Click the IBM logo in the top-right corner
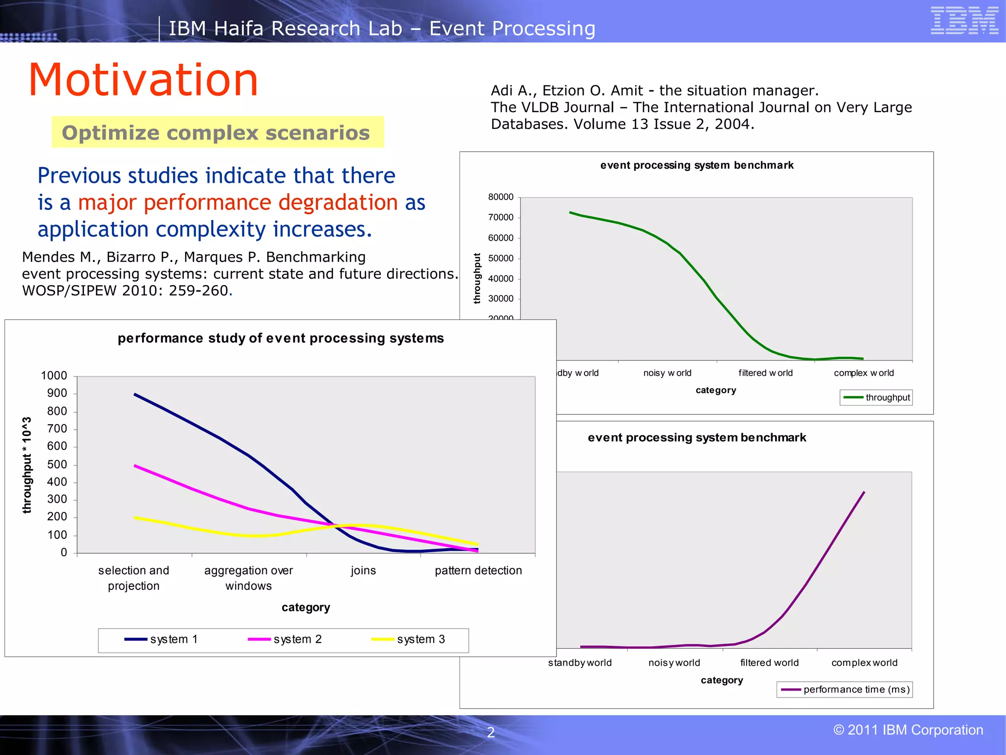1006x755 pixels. pyautogui.click(x=964, y=21)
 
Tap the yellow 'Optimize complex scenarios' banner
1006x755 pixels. pyautogui.click(x=217, y=132)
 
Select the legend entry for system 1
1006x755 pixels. pyautogui.click(x=162, y=639)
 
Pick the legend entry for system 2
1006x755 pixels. pyautogui.click(x=285, y=639)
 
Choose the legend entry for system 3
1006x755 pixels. pyautogui.click(x=409, y=639)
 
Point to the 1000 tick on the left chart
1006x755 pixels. pyautogui.click(x=54, y=376)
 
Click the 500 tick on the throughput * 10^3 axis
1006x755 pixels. pyautogui.click(x=57, y=465)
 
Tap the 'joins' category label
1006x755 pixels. pyautogui.click(x=363, y=570)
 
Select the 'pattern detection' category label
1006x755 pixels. pyautogui.click(x=478, y=570)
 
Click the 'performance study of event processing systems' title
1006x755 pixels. pyautogui.click(x=280, y=338)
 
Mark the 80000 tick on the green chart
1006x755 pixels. pyautogui.click(x=501, y=197)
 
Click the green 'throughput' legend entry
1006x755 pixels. pyautogui.click(x=877, y=397)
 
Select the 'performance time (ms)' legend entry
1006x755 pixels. pyautogui.click(x=845, y=689)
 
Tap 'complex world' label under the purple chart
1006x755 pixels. pyautogui.click(x=864, y=663)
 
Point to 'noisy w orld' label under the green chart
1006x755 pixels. pyautogui.click(x=667, y=373)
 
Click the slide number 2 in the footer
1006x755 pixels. pyautogui.click(x=490, y=732)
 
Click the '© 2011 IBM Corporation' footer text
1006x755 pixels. pyautogui.click(x=908, y=730)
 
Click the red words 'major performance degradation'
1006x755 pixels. pyautogui.click(x=238, y=203)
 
